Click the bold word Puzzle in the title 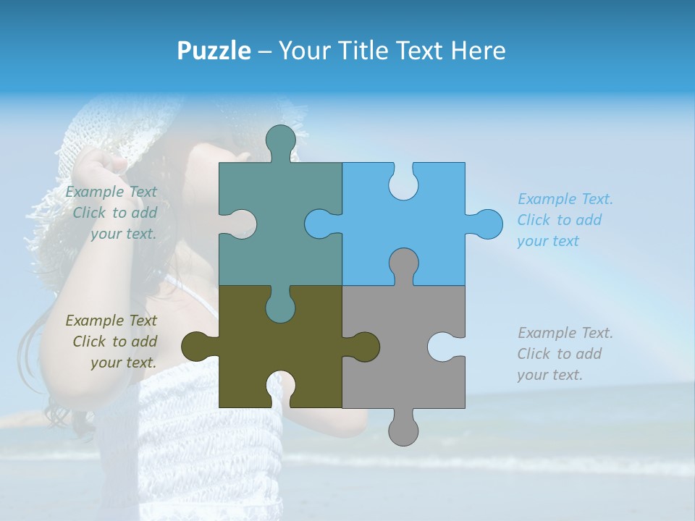214,51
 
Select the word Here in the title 478,51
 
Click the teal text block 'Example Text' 112,213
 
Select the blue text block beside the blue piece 565,220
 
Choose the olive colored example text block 112,342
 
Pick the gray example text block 565,354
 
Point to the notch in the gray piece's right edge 446,347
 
